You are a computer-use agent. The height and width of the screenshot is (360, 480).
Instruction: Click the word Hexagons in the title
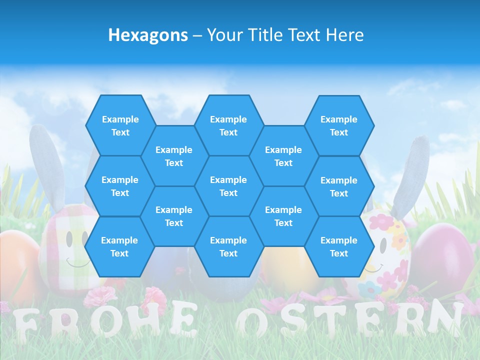click(x=148, y=35)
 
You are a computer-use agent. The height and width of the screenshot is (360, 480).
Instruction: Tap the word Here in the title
click(x=345, y=35)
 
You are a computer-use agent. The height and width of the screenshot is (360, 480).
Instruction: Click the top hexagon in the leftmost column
click(x=120, y=125)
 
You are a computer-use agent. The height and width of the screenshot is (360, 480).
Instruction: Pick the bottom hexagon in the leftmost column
click(x=119, y=246)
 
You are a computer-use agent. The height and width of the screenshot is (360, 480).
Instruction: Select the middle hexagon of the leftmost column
click(x=120, y=186)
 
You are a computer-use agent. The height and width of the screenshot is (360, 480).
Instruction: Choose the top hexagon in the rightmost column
click(x=339, y=125)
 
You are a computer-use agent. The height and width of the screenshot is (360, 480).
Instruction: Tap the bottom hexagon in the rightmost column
click(x=339, y=246)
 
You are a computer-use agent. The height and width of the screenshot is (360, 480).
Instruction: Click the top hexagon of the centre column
click(x=228, y=125)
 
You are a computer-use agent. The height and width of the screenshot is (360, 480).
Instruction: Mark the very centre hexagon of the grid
click(x=228, y=186)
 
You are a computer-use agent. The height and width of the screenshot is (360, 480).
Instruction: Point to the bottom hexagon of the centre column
click(x=228, y=246)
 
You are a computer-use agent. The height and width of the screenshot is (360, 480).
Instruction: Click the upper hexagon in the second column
click(x=174, y=156)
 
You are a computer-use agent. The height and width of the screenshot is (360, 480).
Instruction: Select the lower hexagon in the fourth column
click(x=283, y=216)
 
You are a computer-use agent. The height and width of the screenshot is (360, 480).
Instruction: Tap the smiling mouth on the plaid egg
click(x=78, y=263)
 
